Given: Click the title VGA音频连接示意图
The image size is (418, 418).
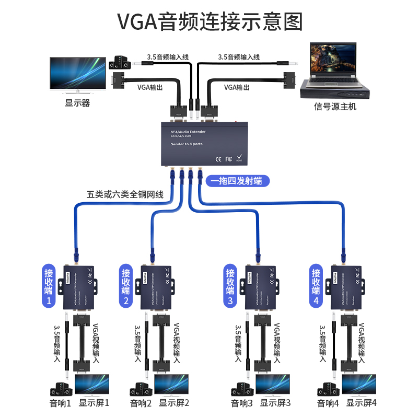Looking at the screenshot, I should (209, 22).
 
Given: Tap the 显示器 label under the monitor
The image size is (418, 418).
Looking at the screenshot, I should (77, 103).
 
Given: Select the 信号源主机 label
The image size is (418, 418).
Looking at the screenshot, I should (335, 107).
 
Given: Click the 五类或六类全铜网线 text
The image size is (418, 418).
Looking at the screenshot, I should (125, 194).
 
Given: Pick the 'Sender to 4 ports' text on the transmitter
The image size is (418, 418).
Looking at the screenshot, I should (187, 144).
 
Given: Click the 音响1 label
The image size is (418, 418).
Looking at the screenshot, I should (60, 403).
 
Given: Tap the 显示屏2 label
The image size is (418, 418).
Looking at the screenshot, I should (174, 403).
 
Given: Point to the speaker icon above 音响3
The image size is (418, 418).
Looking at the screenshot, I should (241, 390).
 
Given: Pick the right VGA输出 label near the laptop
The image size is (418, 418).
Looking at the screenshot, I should (237, 87).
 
